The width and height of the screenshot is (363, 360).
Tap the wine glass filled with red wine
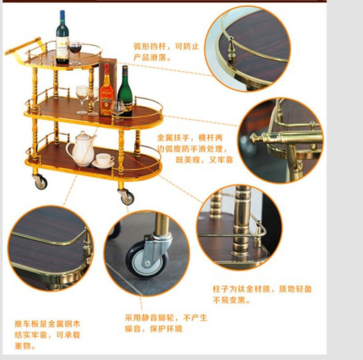tap(74, 53)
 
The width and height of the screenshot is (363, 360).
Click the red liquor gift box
tap(108, 87)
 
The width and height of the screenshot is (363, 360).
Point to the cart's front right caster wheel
tap(127, 197)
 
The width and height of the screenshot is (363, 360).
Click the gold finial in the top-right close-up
tap(231, 49)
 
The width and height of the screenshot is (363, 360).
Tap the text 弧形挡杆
tap(150, 46)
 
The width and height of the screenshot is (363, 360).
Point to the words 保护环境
tap(166, 329)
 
